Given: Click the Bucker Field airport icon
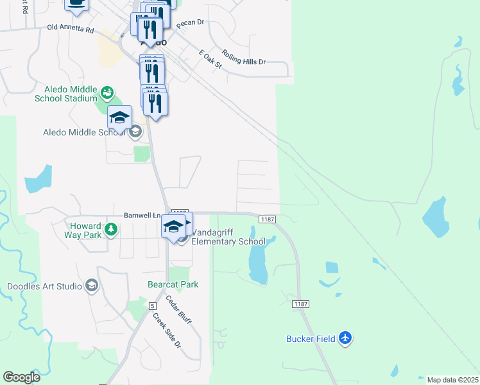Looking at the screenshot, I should tap(346, 338).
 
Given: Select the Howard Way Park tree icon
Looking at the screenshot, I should tap(111, 229).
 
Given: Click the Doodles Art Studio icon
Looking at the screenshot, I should tap(91, 286).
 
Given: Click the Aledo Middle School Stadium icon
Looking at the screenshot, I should tap(107, 94).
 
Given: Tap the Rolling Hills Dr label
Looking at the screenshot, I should tap(244, 58).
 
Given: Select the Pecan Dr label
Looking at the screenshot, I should tap(190, 22).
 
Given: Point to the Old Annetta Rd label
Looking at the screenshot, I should tap(71, 30).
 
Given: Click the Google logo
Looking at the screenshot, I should tap(22, 377).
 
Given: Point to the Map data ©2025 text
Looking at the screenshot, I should tap(452, 380).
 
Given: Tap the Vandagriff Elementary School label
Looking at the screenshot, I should tap(228, 237).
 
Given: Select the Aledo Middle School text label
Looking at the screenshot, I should tap(83, 132).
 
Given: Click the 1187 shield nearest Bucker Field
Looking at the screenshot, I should tap(298, 303).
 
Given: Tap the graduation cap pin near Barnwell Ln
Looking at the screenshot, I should tap(173, 227).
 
